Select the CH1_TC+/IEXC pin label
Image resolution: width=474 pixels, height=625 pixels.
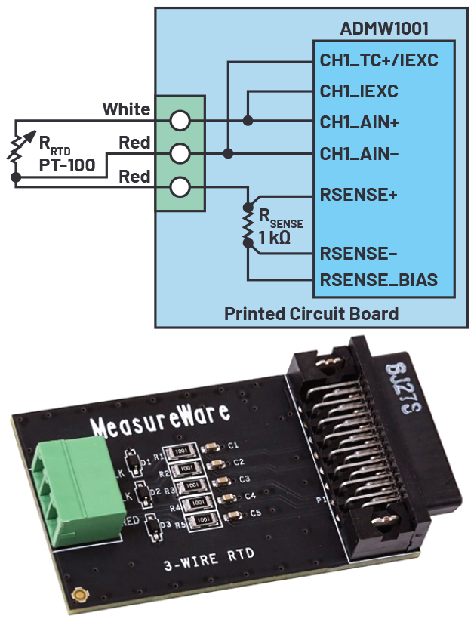pyautogui.click(x=379, y=60)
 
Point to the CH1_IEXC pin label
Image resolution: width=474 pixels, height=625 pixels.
pyautogui.click(x=359, y=91)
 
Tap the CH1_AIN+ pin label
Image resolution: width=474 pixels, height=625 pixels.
pyautogui.click(x=359, y=121)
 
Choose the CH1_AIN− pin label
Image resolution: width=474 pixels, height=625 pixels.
pyautogui.click(x=359, y=153)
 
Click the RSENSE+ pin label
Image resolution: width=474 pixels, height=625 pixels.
pyautogui.click(x=359, y=194)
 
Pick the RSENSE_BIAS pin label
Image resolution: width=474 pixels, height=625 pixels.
pyautogui.click(x=379, y=280)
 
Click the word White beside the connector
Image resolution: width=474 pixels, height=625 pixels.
pyautogui.click(x=126, y=110)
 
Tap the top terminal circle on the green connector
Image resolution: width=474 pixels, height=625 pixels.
pyautogui.click(x=180, y=120)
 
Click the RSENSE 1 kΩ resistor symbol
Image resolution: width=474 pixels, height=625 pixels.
pyautogui.click(x=247, y=224)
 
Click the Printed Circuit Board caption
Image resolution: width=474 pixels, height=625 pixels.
pyautogui.click(x=311, y=313)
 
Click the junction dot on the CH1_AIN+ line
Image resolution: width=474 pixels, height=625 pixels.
pyautogui.click(x=248, y=120)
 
